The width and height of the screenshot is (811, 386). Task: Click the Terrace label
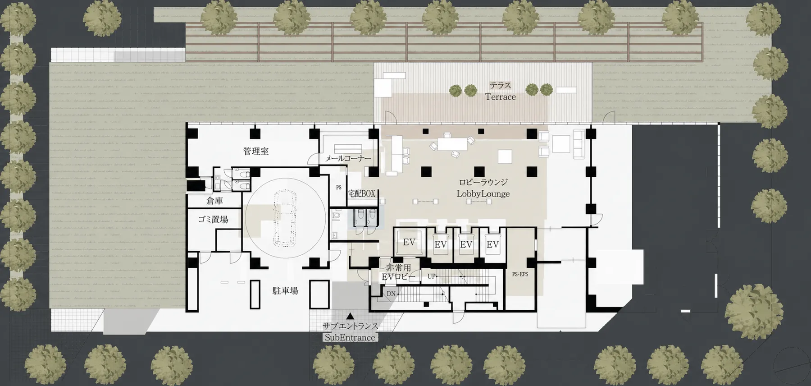point(500,96)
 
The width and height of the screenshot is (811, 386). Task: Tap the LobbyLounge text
point(483,194)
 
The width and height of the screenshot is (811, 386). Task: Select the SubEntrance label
point(350,337)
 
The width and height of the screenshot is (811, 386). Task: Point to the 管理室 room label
point(256,152)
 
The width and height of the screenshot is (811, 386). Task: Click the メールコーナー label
point(348,159)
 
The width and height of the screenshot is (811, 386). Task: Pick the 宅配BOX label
point(361,193)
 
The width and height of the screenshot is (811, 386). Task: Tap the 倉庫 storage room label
point(214,201)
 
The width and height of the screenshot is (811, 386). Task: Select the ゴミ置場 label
point(213,220)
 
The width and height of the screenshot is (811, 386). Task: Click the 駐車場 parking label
point(285,291)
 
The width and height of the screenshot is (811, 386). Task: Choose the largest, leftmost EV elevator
point(409,243)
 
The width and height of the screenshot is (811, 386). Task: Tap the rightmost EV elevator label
point(493,244)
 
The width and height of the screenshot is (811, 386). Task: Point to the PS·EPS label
point(520,274)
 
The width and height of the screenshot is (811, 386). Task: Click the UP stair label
point(431,276)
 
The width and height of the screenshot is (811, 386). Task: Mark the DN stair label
point(391,294)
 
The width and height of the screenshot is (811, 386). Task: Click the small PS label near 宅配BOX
point(339,188)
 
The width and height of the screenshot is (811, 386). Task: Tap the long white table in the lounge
point(452,144)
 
